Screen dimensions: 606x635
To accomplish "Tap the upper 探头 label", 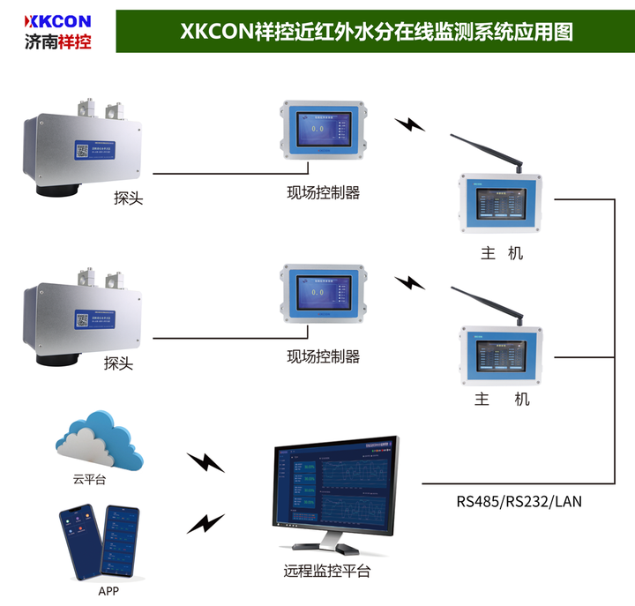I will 128,198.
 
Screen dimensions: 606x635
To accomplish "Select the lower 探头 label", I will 118,363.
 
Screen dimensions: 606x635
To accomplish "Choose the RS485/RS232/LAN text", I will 519,501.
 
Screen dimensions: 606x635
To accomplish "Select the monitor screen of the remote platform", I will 335,490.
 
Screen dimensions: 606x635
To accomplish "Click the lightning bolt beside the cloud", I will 206,461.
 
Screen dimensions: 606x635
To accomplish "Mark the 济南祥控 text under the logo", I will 59,41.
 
